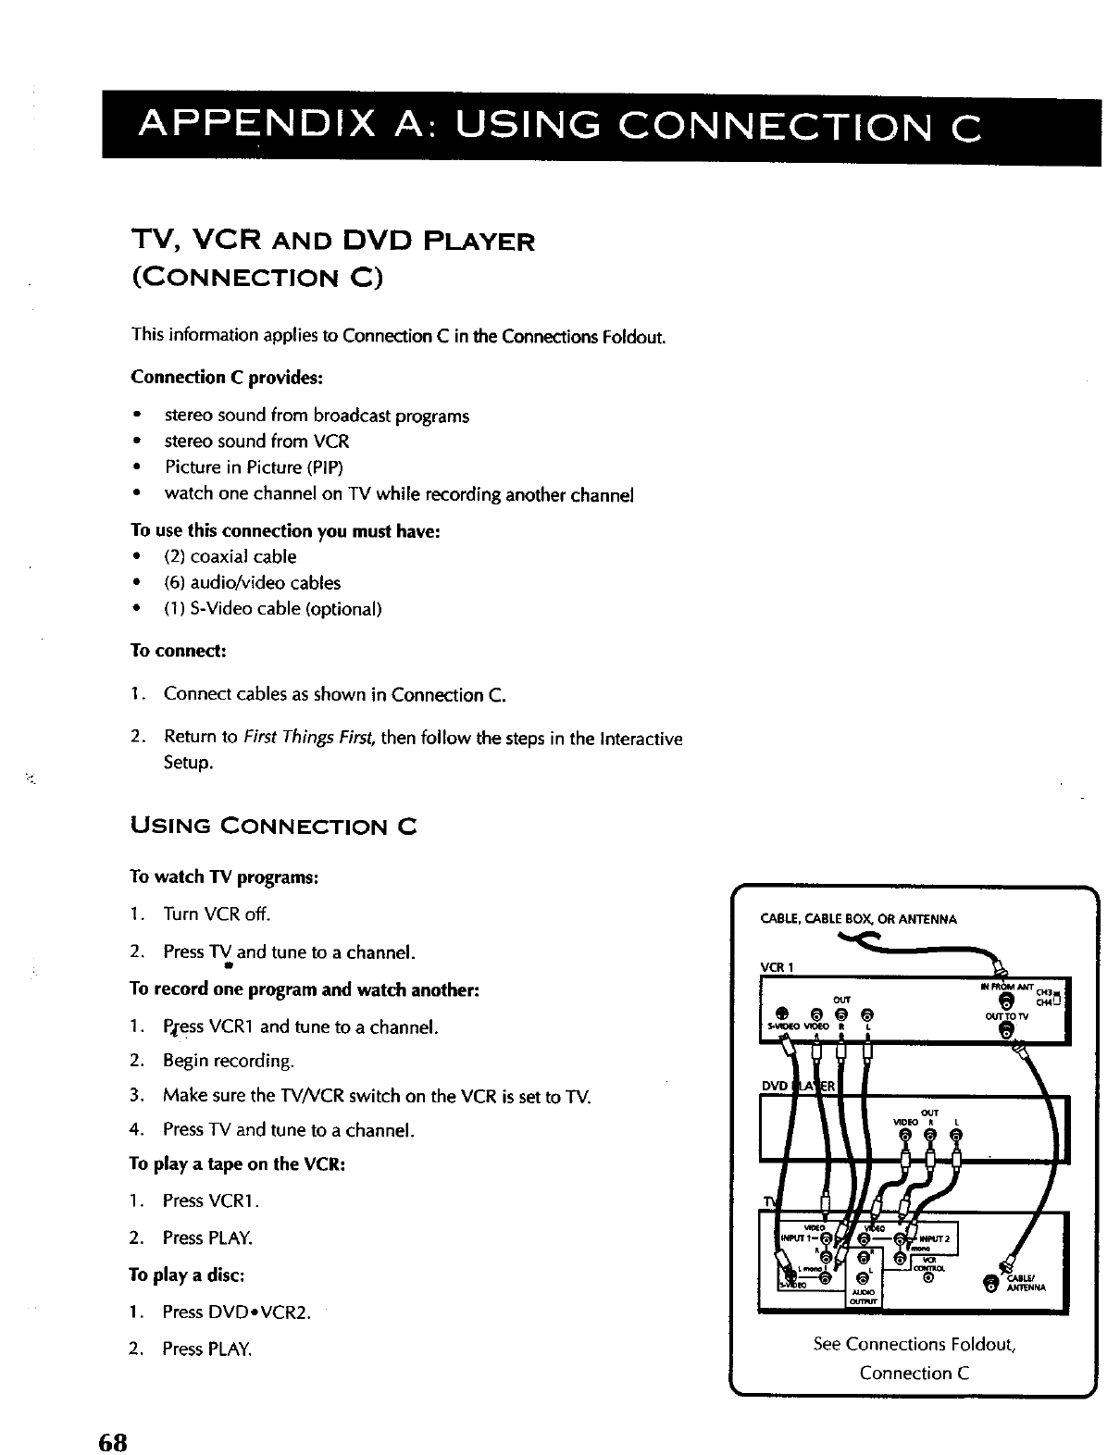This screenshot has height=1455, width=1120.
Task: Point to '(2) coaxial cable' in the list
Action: (230, 556)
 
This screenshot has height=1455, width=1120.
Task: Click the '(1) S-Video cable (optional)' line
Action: (273, 609)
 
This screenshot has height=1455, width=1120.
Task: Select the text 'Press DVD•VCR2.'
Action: (236, 1312)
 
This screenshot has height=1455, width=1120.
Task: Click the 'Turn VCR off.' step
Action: (217, 914)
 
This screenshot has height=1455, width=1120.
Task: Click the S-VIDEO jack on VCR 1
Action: (782, 1012)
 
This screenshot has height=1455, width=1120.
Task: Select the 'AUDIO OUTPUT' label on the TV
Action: (866, 1294)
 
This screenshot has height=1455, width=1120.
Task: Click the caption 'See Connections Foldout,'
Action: (915, 1343)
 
